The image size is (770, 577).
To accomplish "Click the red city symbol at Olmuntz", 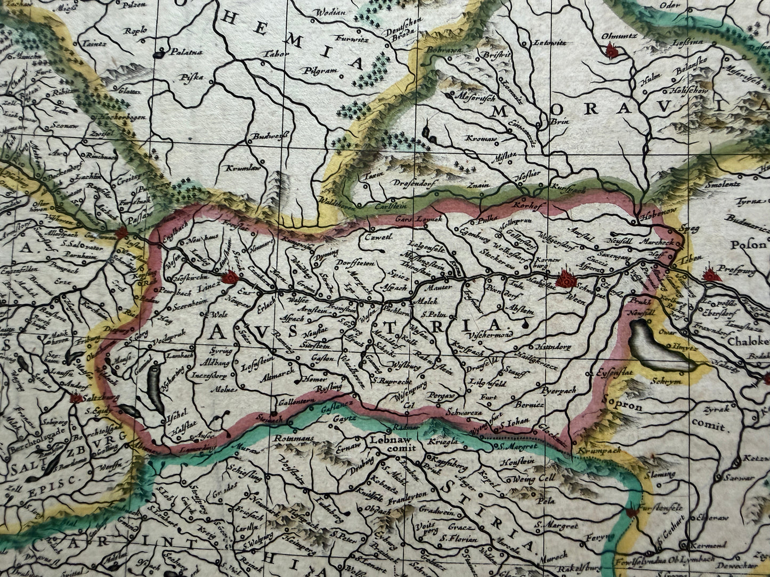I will (611, 50).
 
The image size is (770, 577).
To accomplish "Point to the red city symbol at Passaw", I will (121, 233).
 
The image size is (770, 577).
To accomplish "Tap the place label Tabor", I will (275, 54).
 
